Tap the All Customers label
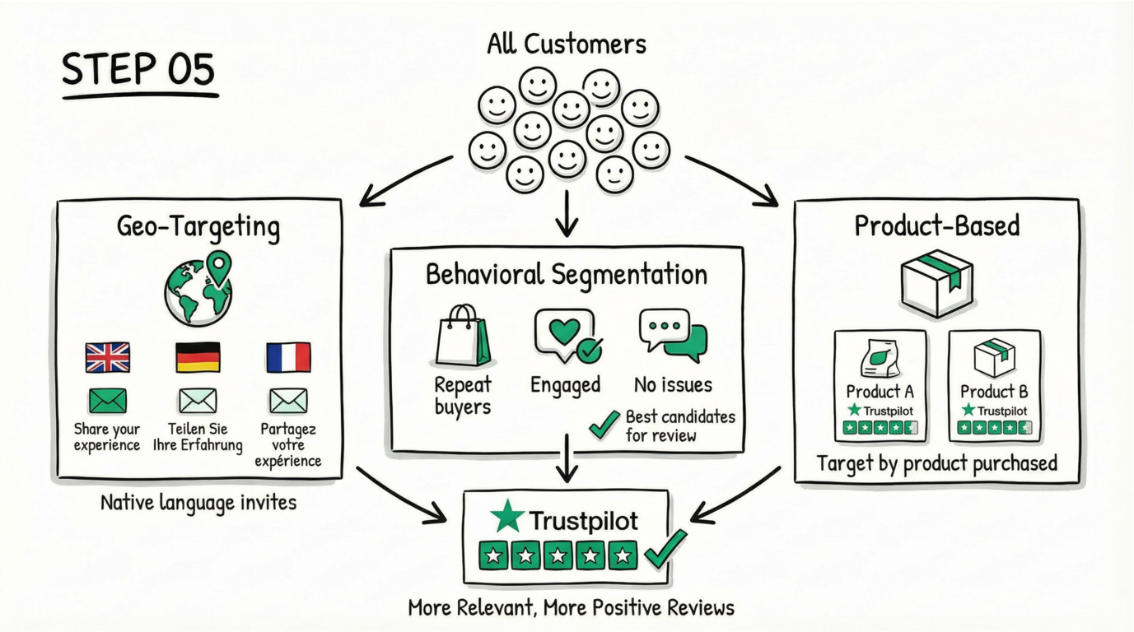click(x=567, y=43)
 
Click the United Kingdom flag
click(x=108, y=358)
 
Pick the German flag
click(x=198, y=358)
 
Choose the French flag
click(x=288, y=358)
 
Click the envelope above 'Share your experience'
click(x=108, y=401)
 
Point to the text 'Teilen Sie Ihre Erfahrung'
click(x=198, y=437)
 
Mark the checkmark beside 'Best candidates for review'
click(x=604, y=425)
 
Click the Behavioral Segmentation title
click(x=567, y=275)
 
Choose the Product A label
click(x=880, y=392)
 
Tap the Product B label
click(x=994, y=392)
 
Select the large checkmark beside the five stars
click(x=665, y=549)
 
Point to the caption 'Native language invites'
click(x=198, y=501)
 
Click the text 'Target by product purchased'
click(x=937, y=463)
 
